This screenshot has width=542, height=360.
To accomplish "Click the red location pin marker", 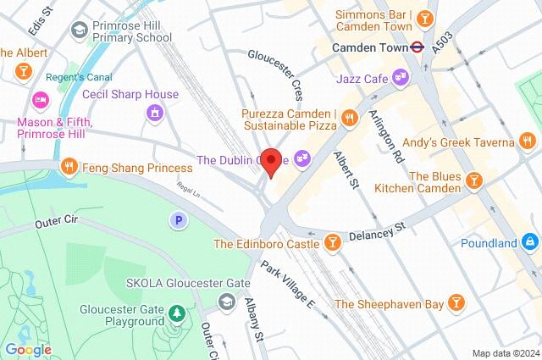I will (x=271, y=162).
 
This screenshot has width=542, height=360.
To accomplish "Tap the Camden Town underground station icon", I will (x=417, y=47).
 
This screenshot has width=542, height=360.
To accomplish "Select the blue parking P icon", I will (x=179, y=220).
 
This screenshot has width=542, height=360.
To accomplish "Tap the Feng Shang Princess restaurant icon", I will (x=70, y=168).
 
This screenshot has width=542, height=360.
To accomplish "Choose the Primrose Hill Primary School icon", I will (x=80, y=30).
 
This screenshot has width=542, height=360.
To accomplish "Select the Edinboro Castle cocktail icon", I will (x=334, y=244).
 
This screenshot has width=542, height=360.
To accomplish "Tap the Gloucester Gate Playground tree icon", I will (x=176, y=314).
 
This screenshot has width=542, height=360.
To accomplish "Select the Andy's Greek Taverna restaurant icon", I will (x=527, y=141).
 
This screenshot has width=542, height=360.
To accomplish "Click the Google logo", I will (x=28, y=350).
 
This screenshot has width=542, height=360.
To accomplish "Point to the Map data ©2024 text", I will (x=505, y=353).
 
